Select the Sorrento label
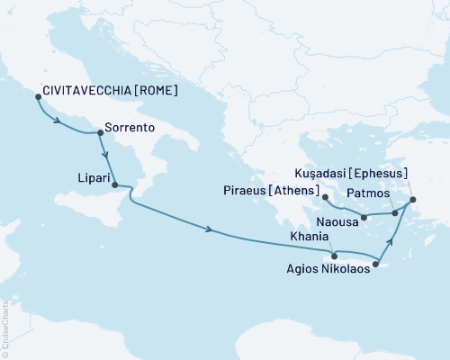click(x=130, y=129)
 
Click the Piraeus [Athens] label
click(x=269, y=191)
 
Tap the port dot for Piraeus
click(x=324, y=195)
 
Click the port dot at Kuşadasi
click(x=413, y=200)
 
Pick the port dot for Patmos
click(x=395, y=213)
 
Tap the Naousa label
click(x=340, y=218)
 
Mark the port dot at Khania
click(x=335, y=256)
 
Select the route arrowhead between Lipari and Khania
click(x=210, y=232)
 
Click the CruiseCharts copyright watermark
click(x=5, y=325)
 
